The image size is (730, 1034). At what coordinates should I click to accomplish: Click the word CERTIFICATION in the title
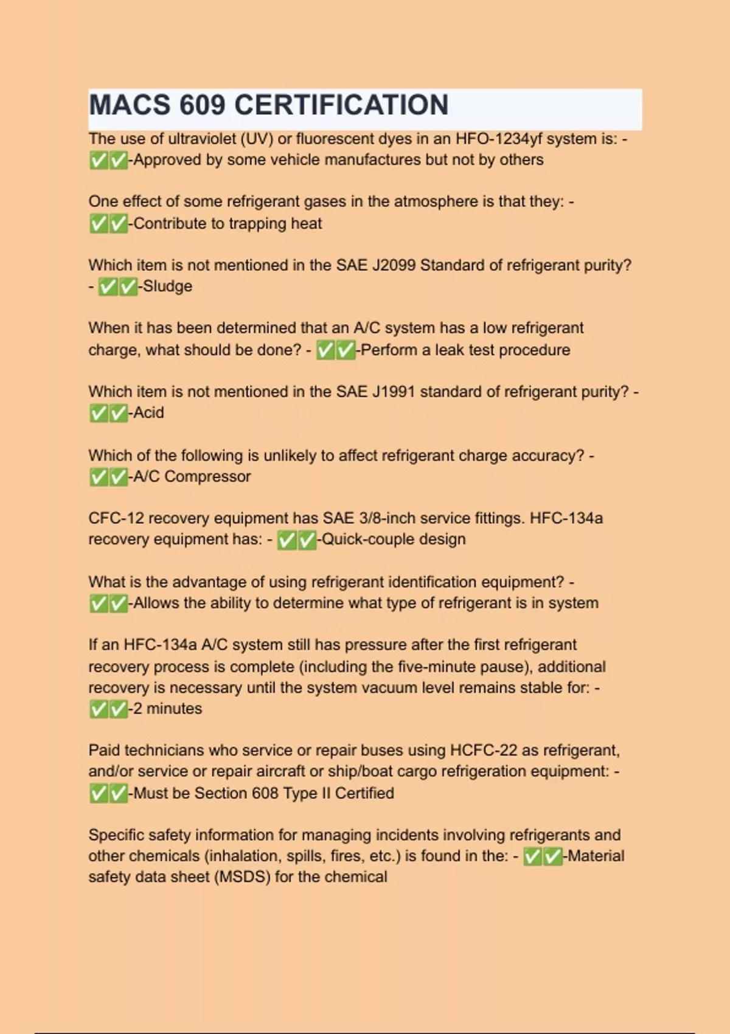(x=341, y=105)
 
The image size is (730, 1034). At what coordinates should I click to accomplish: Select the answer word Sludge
(x=167, y=286)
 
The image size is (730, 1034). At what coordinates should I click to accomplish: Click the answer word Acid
(x=148, y=413)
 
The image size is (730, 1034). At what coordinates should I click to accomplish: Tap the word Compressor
(x=207, y=476)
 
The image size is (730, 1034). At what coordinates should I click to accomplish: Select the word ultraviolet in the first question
(x=202, y=139)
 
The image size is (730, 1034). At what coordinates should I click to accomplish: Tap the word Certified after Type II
(x=364, y=793)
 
